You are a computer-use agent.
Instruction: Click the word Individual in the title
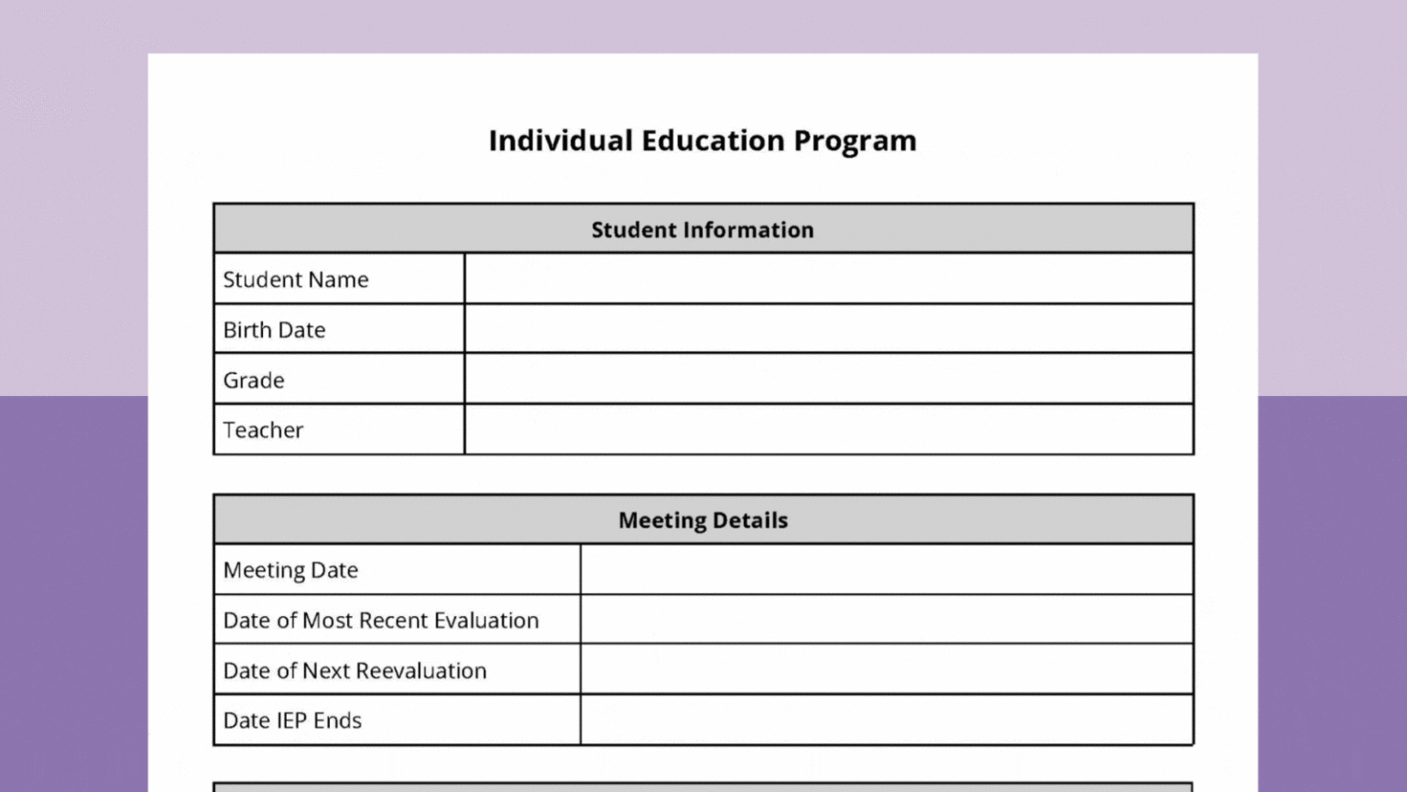[x=560, y=140]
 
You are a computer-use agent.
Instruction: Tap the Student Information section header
[x=703, y=229]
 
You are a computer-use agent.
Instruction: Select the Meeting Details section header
[x=703, y=520]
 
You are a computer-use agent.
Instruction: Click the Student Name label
[x=296, y=280]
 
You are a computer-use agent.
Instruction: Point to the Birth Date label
[x=274, y=330]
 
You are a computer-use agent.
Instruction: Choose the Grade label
[x=254, y=380]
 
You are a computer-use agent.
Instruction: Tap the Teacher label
[x=263, y=430]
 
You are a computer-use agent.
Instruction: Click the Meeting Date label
[x=290, y=570]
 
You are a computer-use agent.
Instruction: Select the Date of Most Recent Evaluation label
[x=381, y=621]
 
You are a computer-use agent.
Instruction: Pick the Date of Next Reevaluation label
[x=354, y=671]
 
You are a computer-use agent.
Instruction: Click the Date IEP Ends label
[x=292, y=720]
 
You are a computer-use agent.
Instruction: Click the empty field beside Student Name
[x=828, y=279]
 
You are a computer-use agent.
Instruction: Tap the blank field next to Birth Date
[x=828, y=329]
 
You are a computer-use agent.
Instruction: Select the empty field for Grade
[x=828, y=379]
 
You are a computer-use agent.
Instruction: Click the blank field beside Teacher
[x=828, y=430]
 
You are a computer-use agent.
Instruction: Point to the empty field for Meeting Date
[x=886, y=569]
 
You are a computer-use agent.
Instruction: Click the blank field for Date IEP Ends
[x=886, y=720]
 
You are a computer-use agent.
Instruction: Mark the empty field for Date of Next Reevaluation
[x=886, y=670]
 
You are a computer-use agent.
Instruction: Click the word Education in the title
[x=713, y=140]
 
